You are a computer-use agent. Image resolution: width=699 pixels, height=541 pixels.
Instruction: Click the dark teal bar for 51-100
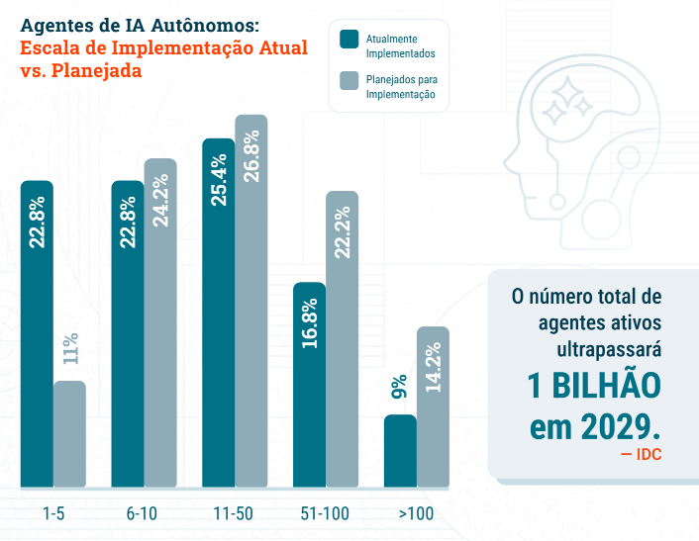point(309,385)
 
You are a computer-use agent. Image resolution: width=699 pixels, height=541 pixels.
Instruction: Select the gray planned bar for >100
point(434,406)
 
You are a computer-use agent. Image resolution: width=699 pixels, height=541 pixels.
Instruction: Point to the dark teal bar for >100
point(400,451)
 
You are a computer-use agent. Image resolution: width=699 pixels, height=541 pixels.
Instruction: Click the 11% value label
point(70,350)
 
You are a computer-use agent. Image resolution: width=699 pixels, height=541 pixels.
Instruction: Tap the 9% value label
point(399,387)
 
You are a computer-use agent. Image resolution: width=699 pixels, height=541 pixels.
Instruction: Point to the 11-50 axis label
point(234,514)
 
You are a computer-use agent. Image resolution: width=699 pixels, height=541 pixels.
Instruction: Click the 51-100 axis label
point(325,514)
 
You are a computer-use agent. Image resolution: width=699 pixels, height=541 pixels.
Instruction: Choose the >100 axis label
point(416,514)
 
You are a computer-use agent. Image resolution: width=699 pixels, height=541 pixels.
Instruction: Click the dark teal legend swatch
point(349,40)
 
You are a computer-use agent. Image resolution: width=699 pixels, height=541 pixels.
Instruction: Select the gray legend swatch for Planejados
point(349,80)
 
